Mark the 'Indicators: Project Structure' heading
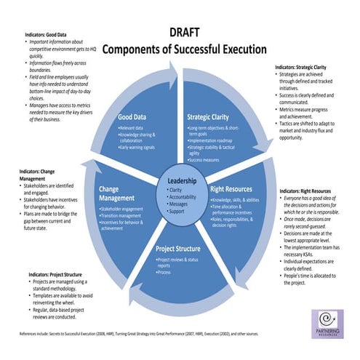58,274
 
